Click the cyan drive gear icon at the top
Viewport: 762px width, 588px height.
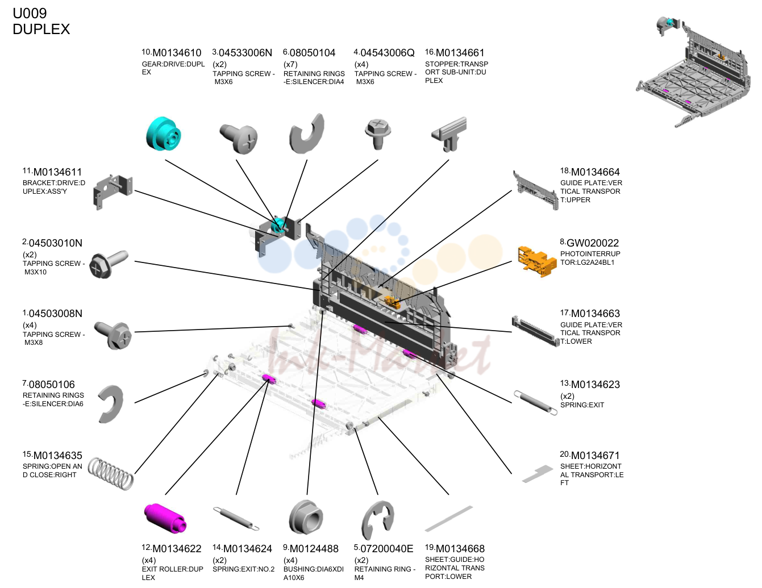164,134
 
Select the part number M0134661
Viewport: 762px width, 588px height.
460,53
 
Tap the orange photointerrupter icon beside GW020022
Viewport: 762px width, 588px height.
537,261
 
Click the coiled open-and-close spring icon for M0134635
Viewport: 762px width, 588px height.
110,473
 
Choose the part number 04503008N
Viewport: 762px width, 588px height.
56,314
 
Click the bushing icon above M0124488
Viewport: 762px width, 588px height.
306,517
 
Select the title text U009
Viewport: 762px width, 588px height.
30,13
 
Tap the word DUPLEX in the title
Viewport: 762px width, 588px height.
41,29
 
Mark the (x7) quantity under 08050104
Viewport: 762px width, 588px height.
290,64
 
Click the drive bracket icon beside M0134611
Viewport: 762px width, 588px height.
113,191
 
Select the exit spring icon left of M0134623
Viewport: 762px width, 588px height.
535,403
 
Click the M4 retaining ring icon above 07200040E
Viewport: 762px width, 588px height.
377,520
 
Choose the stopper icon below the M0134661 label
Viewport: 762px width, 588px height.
449,134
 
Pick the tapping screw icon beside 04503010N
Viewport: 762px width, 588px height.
109,264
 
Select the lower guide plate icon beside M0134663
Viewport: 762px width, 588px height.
535,331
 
